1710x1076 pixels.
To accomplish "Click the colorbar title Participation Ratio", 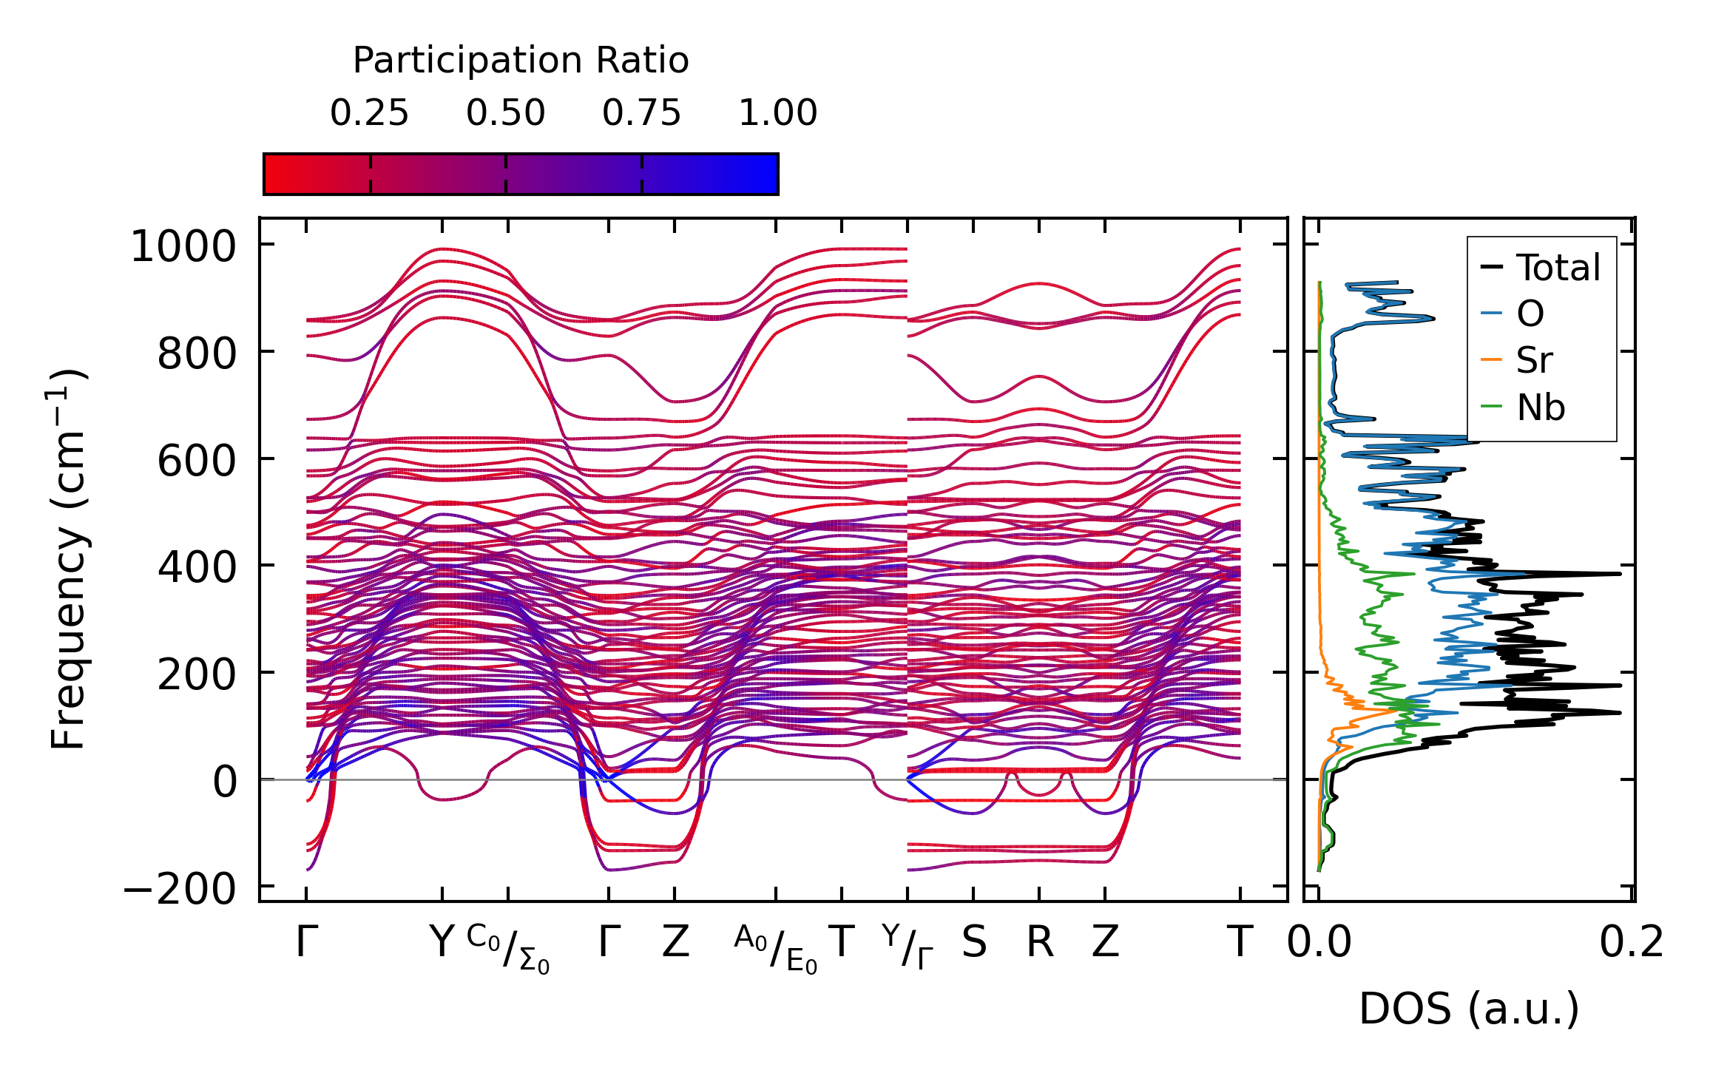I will pos(520,61).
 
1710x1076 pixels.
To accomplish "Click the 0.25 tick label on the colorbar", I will pos(369,114).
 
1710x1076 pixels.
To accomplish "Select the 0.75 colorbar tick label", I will pos(641,114).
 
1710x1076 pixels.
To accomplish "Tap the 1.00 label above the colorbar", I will pos(777,114).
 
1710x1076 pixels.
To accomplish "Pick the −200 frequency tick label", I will pos(180,889).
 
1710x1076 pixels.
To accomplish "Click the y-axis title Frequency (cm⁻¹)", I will pos(69,559).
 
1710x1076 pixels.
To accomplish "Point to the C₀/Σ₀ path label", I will pos(508,949).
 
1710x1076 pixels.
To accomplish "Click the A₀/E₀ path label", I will pos(776,949).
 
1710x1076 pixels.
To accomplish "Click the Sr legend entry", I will pos(1534,361).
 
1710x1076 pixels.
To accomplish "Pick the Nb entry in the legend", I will pos(1541,407).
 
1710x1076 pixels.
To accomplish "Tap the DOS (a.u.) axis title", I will pos(1469,1009).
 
